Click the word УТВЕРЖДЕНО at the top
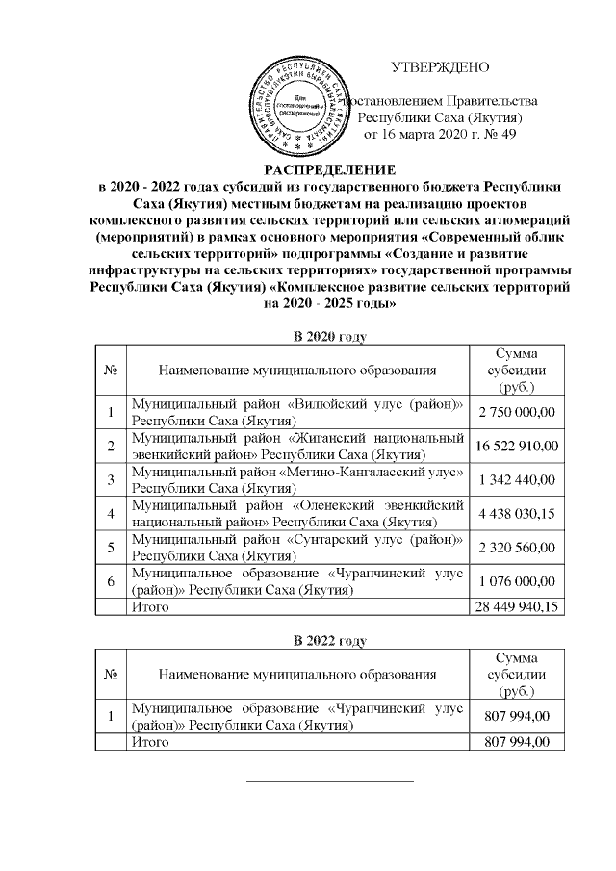(x=440, y=67)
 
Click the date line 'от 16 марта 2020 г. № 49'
(x=440, y=134)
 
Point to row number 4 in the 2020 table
(x=111, y=514)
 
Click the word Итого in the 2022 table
(x=150, y=742)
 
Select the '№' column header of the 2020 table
(x=111, y=370)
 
